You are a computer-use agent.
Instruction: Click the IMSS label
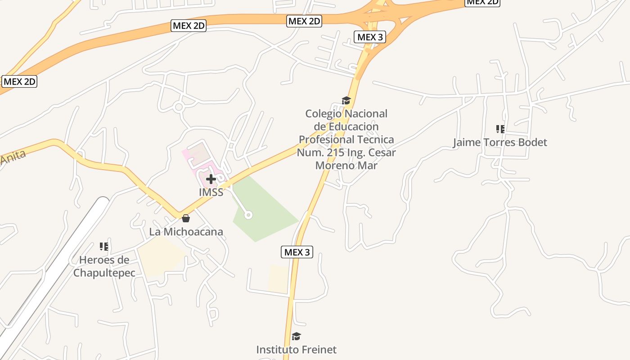click(211, 192)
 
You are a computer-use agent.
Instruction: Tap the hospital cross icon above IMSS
click(211, 180)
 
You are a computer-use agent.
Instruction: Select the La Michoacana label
click(186, 232)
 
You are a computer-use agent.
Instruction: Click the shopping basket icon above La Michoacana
click(186, 219)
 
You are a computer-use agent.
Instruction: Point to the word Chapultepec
click(104, 273)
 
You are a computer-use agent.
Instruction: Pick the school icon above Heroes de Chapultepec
click(104, 247)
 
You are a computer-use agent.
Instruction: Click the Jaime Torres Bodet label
click(500, 142)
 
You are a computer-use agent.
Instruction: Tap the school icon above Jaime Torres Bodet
click(500, 129)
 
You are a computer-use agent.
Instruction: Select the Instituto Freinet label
click(296, 349)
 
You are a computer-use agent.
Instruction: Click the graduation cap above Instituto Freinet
click(296, 336)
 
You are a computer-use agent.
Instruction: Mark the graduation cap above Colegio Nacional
click(346, 100)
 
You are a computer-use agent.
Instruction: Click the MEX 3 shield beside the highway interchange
click(370, 37)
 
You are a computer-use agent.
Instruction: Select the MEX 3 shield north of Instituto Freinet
click(297, 252)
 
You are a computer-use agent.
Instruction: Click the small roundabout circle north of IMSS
click(179, 107)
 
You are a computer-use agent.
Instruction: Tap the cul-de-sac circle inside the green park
click(248, 215)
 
